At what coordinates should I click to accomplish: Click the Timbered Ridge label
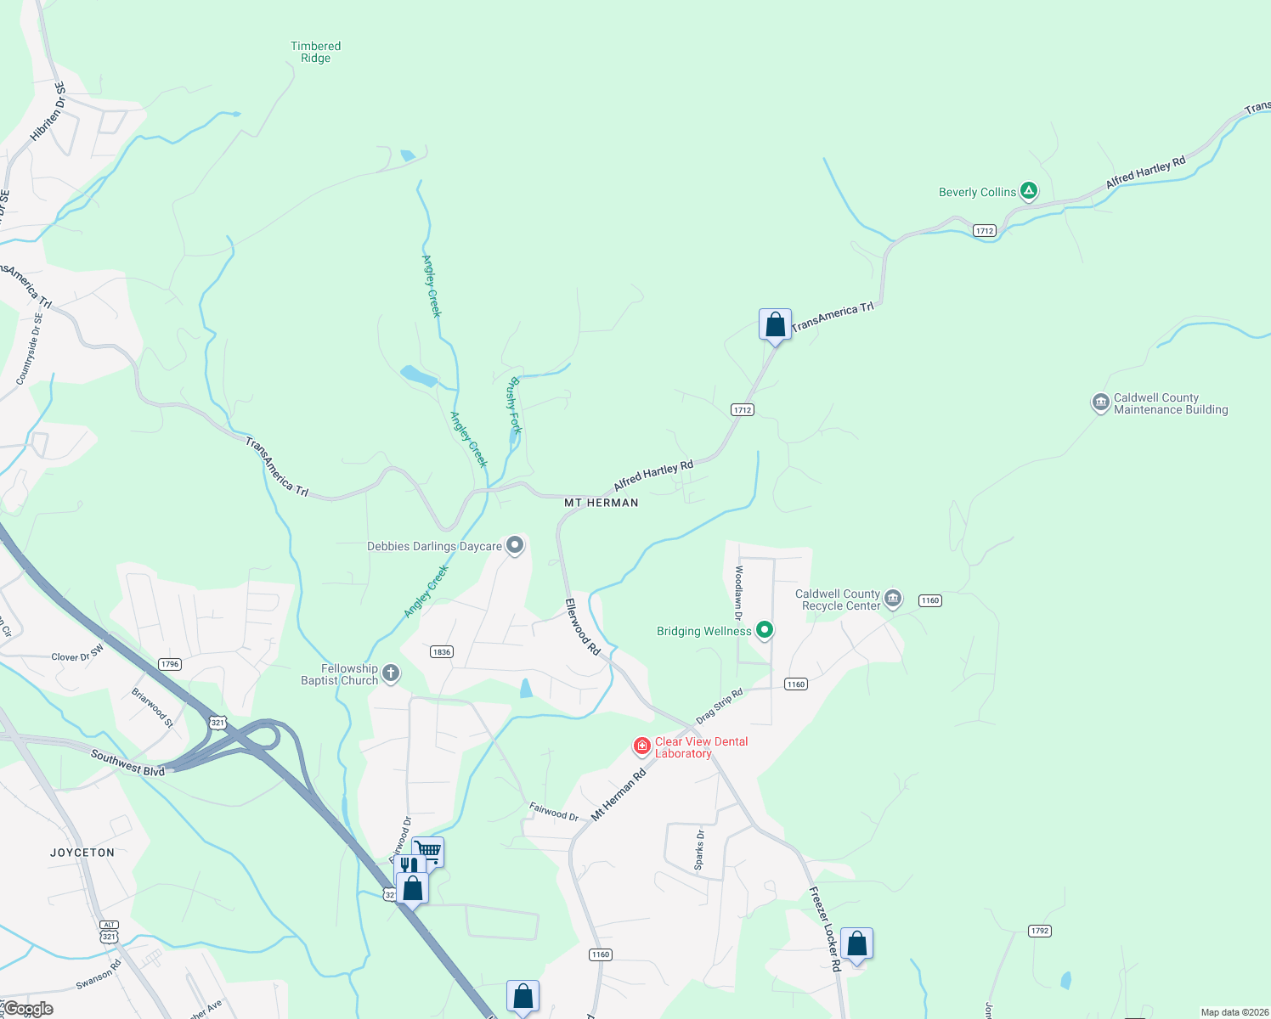(x=315, y=53)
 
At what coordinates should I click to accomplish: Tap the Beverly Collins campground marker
(x=1029, y=191)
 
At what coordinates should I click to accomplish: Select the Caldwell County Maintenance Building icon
(x=1100, y=403)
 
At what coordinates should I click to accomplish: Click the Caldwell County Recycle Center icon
(x=893, y=599)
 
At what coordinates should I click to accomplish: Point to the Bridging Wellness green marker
(x=765, y=630)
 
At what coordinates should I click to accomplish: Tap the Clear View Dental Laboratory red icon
(x=642, y=746)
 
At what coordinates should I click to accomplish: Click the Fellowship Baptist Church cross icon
(x=391, y=674)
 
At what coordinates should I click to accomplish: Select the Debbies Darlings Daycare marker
(x=515, y=545)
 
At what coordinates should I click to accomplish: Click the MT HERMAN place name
(x=602, y=503)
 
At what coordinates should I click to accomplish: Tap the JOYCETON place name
(x=82, y=853)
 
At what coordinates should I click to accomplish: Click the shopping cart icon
(x=428, y=851)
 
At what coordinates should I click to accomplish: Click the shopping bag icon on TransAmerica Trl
(x=775, y=324)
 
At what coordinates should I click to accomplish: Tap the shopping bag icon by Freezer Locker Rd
(x=856, y=943)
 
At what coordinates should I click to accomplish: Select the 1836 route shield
(x=442, y=652)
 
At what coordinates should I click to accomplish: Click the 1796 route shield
(x=170, y=664)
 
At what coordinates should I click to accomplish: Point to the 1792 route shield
(x=1040, y=931)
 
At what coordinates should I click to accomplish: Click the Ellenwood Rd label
(x=583, y=627)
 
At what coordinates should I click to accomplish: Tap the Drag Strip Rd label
(x=720, y=706)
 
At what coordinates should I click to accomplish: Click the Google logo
(x=29, y=1009)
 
